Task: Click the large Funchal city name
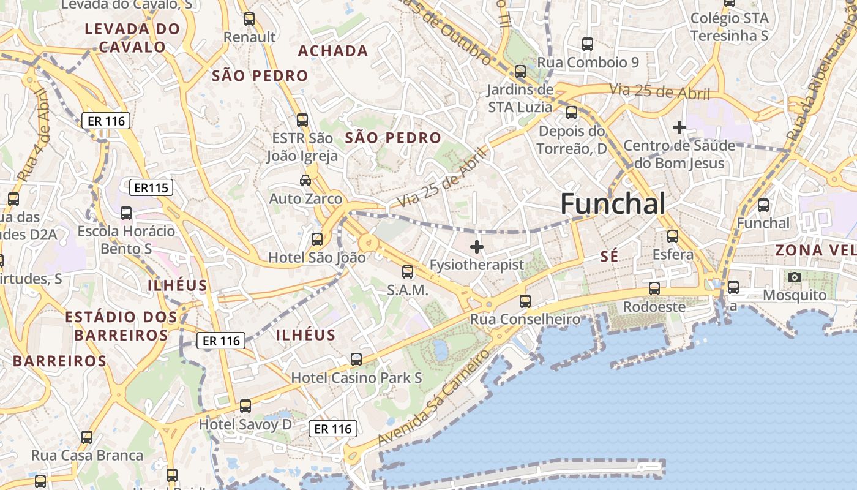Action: (x=613, y=204)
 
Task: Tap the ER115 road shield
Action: (x=151, y=187)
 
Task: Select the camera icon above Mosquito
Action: (x=795, y=277)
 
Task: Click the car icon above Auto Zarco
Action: (x=305, y=181)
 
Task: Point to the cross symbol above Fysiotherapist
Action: (x=476, y=247)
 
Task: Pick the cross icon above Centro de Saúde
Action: (x=679, y=127)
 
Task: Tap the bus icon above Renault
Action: (x=249, y=19)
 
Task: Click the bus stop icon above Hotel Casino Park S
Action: (x=356, y=360)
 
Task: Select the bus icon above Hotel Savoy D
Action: (x=245, y=405)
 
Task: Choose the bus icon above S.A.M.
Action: (x=407, y=272)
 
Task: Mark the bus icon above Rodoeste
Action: (x=654, y=288)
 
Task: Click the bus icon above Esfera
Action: (x=673, y=236)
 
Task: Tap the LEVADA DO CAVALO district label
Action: (x=132, y=37)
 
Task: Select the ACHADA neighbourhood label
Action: (x=333, y=51)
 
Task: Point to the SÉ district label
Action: (x=609, y=257)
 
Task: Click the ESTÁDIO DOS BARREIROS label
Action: (x=121, y=326)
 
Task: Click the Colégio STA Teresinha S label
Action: (x=729, y=27)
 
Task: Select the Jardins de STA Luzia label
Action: (x=520, y=99)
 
